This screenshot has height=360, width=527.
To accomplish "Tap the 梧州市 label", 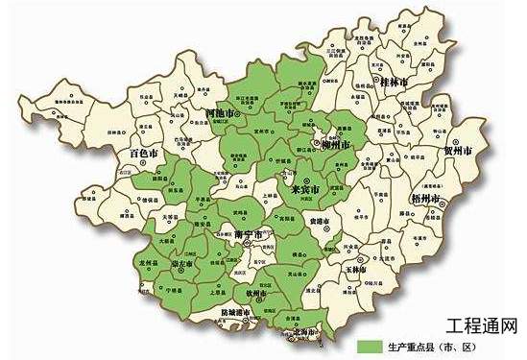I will [x=423, y=199].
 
